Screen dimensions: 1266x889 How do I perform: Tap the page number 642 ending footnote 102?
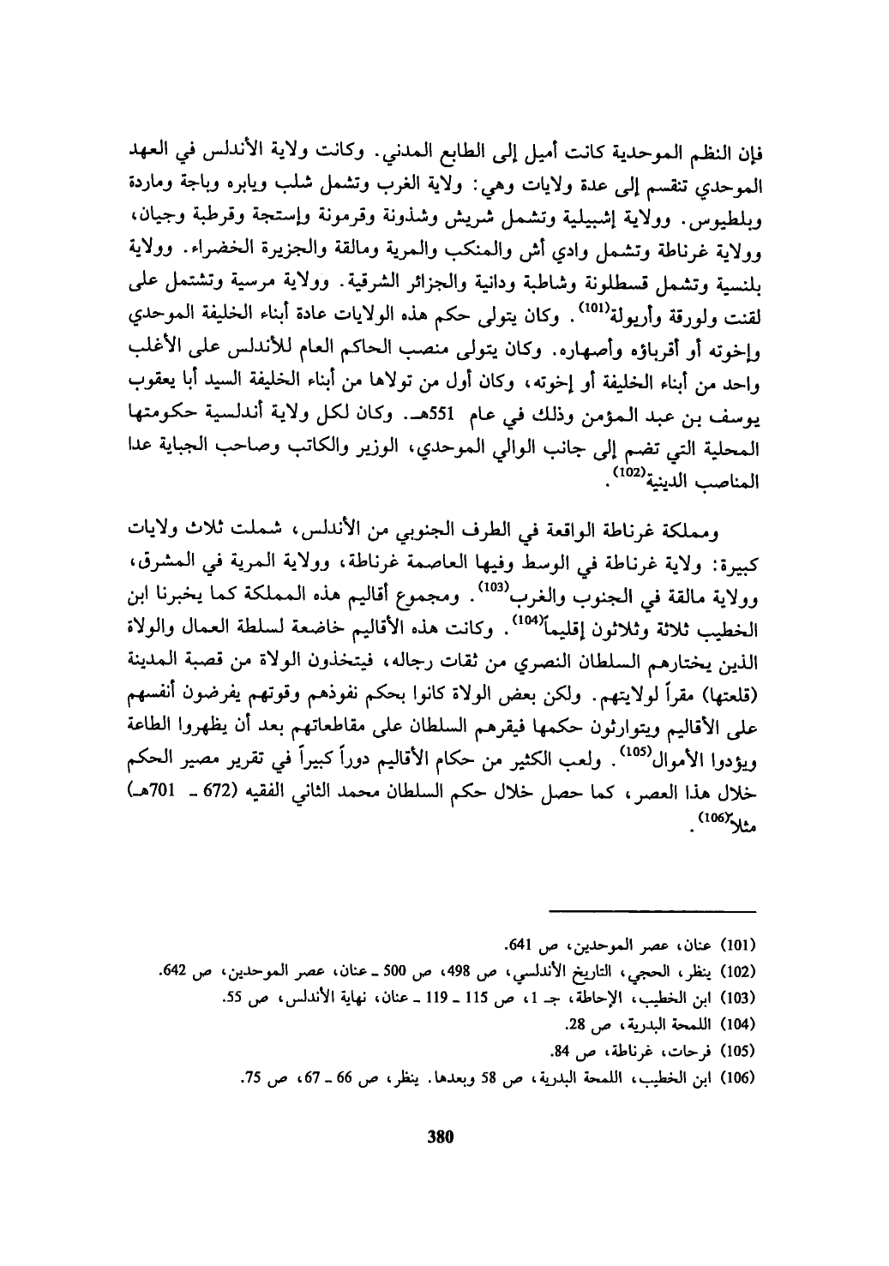point(174,972)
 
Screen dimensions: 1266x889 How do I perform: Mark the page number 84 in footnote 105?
point(559,1049)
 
